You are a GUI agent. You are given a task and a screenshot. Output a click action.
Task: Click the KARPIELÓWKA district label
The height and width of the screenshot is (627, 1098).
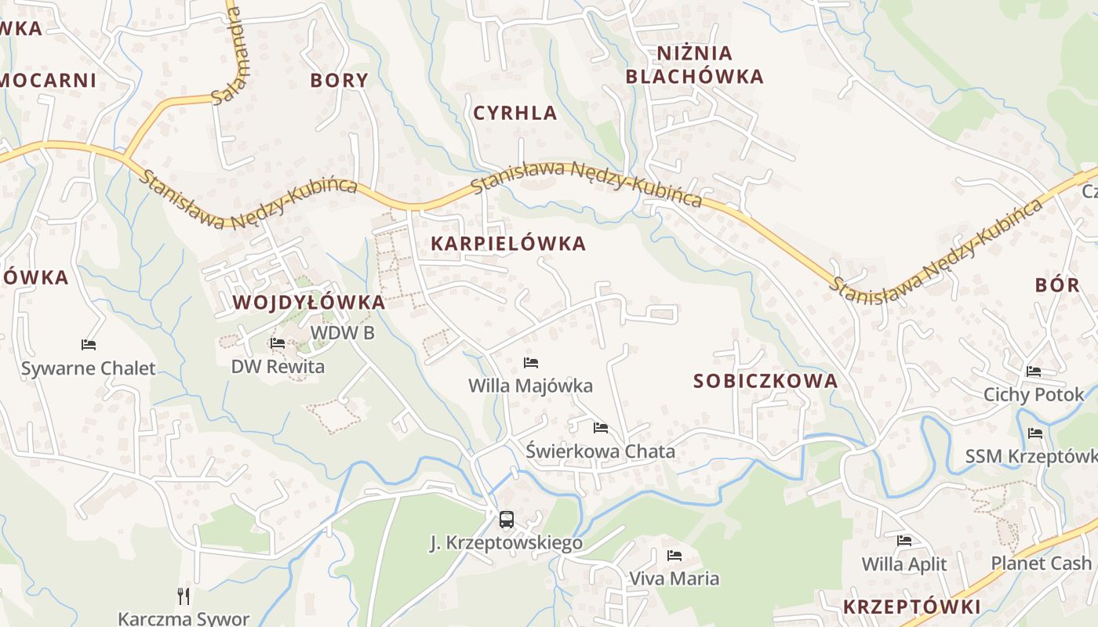pos(508,244)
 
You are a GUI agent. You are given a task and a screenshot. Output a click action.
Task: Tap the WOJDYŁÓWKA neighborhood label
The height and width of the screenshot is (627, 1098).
pos(308,303)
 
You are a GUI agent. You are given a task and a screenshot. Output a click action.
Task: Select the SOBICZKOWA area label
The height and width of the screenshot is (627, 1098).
pos(765,382)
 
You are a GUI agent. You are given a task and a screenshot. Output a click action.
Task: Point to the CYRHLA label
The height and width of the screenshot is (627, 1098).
pos(515,113)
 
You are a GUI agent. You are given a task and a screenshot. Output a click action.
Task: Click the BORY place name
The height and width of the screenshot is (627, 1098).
pos(339,80)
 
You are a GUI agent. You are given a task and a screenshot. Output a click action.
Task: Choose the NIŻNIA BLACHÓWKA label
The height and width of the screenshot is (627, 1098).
pos(695,65)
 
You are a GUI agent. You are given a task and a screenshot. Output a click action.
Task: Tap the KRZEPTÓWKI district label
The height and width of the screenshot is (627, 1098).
pos(912,607)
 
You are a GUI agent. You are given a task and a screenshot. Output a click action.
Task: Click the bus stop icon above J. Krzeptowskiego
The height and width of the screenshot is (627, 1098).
pos(507,519)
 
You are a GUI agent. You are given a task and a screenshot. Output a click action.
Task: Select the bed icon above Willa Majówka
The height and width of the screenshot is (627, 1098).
pos(531,363)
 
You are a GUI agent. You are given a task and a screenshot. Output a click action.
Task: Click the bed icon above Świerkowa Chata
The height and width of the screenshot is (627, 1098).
pos(601,428)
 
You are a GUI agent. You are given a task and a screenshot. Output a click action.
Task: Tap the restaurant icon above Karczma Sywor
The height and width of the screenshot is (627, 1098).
pos(184,596)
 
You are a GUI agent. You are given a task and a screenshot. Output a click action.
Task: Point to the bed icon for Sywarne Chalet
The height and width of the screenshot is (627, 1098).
pos(89,345)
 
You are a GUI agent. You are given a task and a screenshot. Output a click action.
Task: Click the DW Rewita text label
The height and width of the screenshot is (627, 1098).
pos(278,366)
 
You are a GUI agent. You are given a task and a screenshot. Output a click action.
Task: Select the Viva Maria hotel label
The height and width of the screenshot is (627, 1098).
pos(674,579)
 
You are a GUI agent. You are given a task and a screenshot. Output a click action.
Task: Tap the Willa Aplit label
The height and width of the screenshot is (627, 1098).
pos(904,564)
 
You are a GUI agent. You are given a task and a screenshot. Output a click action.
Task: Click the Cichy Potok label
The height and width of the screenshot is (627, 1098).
pos(1034,394)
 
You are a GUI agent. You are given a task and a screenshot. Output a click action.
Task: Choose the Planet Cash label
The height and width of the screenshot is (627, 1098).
pos(1041,563)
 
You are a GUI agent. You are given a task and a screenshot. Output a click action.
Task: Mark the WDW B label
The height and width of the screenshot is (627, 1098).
pos(343,333)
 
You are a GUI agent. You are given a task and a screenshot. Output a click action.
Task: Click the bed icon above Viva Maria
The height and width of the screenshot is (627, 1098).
pos(674,556)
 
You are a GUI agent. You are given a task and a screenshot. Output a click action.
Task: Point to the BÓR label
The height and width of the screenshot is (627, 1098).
pos(1057,285)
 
